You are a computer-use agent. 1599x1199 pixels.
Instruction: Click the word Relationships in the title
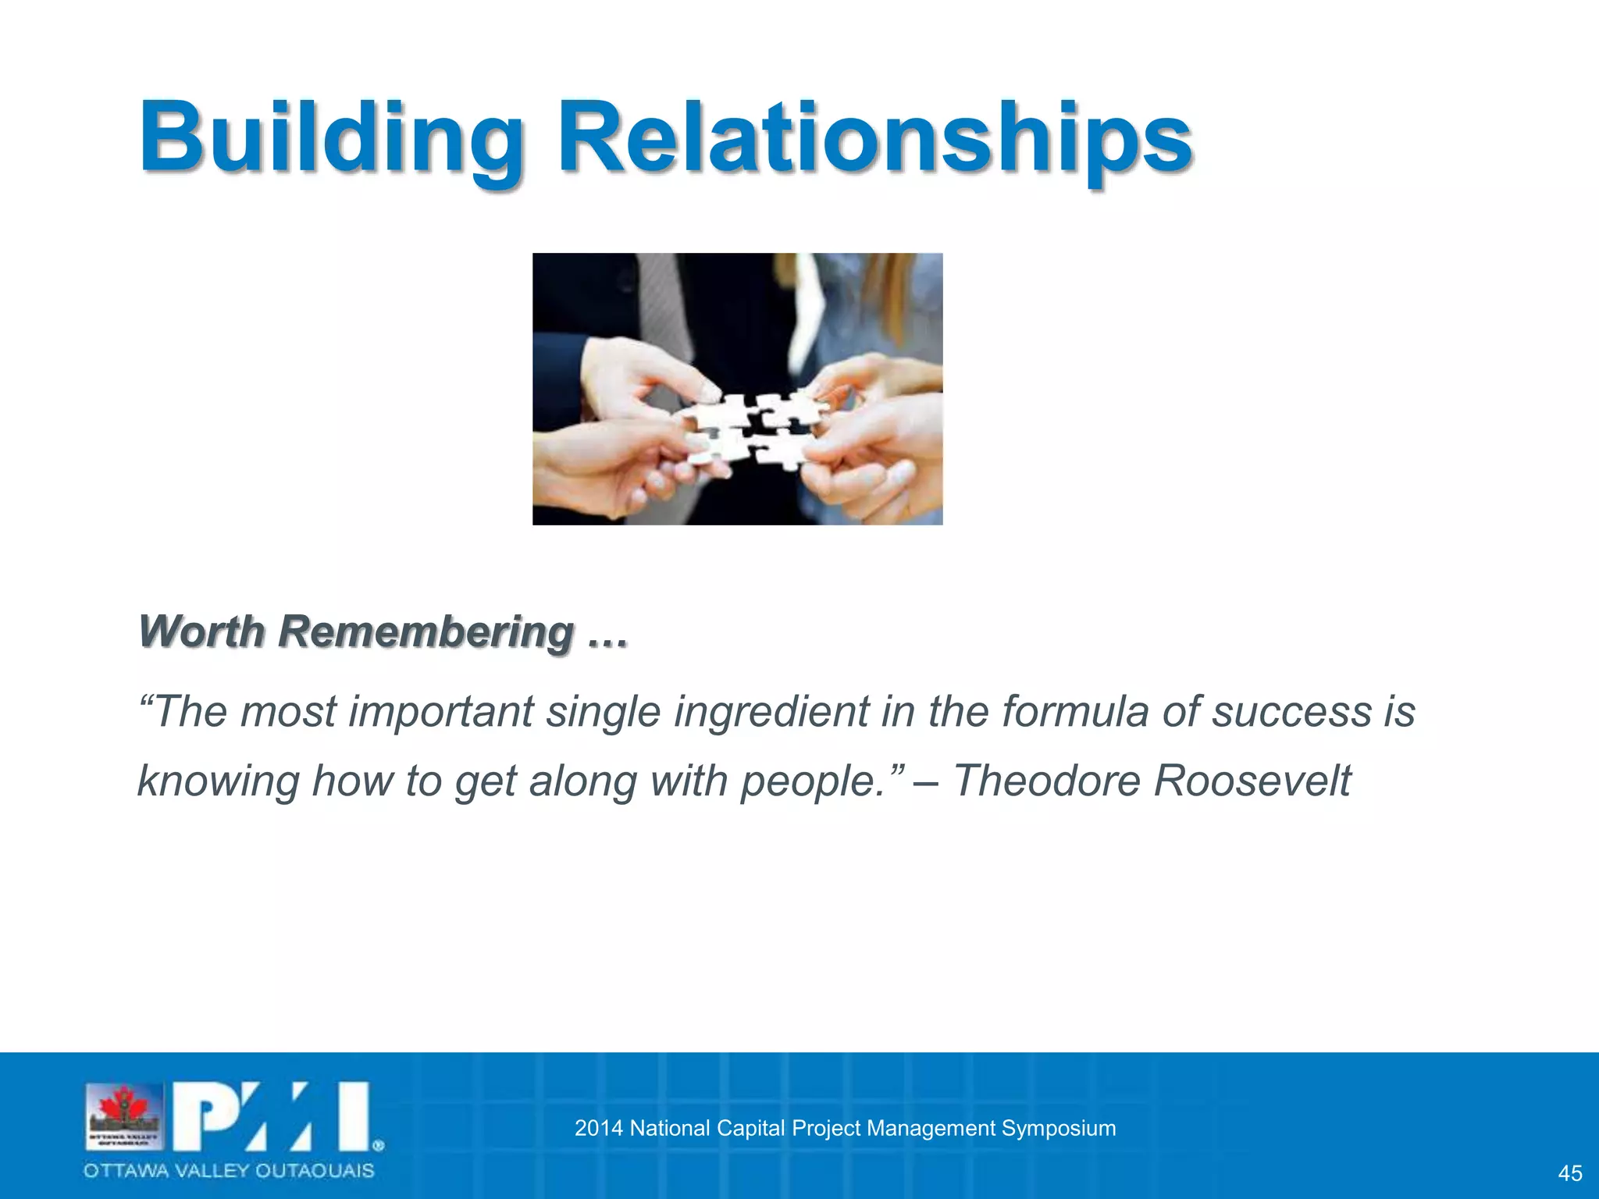pyautogui.click(x=874, y=139)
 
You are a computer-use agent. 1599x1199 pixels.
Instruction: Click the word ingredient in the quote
pyautogui.click(x=771, y=712)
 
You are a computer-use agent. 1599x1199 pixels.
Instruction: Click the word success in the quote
pyautogui.click(x=1291, y=712)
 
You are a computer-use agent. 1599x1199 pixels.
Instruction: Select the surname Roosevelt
pyautogui.click(x=1252, y=781)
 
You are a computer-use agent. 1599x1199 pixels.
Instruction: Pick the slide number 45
pyautogui.click(x=1569, y=1173)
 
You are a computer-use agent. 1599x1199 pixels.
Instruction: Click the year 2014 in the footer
pyautogui.click(x=598, y=1128)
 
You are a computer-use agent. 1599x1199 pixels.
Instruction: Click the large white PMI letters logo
pyautogui.click(x=270, y=1116)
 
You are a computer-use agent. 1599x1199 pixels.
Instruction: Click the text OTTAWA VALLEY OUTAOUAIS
pyautogui.click(x=229, y=1171)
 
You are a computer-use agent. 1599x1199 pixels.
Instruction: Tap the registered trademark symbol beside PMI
pyautogui.click(x=378, y=1146)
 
